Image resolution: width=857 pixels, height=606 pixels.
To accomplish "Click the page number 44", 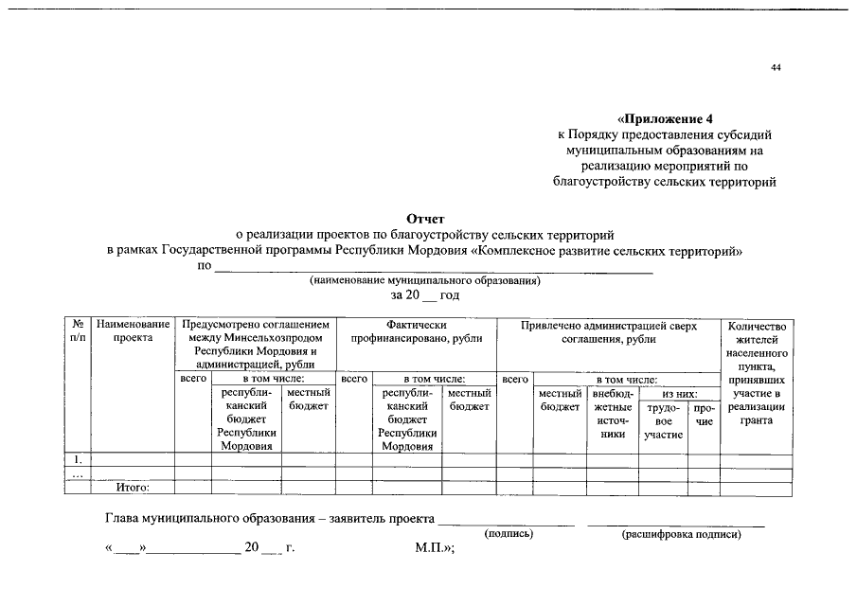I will pyautogui.click(x=776, y=68).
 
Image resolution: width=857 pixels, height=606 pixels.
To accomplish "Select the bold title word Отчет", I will pyautogui.click(x=425, y=220).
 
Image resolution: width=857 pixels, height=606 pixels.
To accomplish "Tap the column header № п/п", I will pyautogui.click(x=77, y=331).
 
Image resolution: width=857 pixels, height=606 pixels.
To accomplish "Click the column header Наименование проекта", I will pyautogui.click(x=133, y=331).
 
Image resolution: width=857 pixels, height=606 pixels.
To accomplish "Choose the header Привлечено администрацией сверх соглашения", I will pyautogui.click(x=608, y=331).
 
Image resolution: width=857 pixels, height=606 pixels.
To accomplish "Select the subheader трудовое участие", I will pyautogui.click(x=663, y=420).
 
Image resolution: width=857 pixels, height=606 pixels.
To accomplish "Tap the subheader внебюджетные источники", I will pyautogui.click(x=613, y=414).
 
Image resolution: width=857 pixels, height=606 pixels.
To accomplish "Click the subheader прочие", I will pyautogui.click(x=704, y=414).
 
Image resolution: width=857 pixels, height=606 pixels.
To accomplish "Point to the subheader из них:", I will pyautogui.click(x=679, y=393).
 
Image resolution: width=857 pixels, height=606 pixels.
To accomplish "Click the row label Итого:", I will pyautogui.click(x=133, y=489).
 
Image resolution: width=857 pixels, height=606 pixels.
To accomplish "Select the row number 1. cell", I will pyautogui.click(x=77, y=459).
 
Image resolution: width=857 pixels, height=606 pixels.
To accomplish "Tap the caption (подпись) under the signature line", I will pyautogui.click(x=509, y=534).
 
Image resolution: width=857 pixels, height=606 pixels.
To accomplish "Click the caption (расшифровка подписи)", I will pyautogui.click(x=681, y=534).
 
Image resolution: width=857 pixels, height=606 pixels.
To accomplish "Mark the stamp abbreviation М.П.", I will pyautogui.click(x=434, y=548).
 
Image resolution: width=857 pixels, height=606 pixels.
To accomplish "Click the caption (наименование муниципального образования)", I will pyautogui.click(x=425, y=281).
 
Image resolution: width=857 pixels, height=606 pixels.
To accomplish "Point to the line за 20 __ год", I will pyautogui.click(x=425, y=295).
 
